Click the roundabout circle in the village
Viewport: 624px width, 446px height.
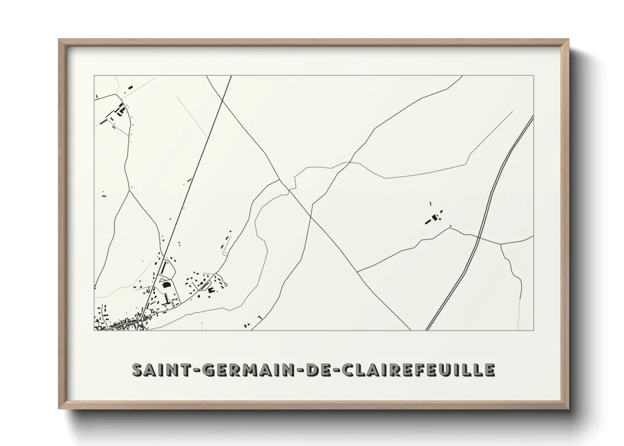pyautogui.click(x=140, y=323)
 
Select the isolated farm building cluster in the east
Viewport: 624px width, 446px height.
pyautogui.click(x=434, y=218)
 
